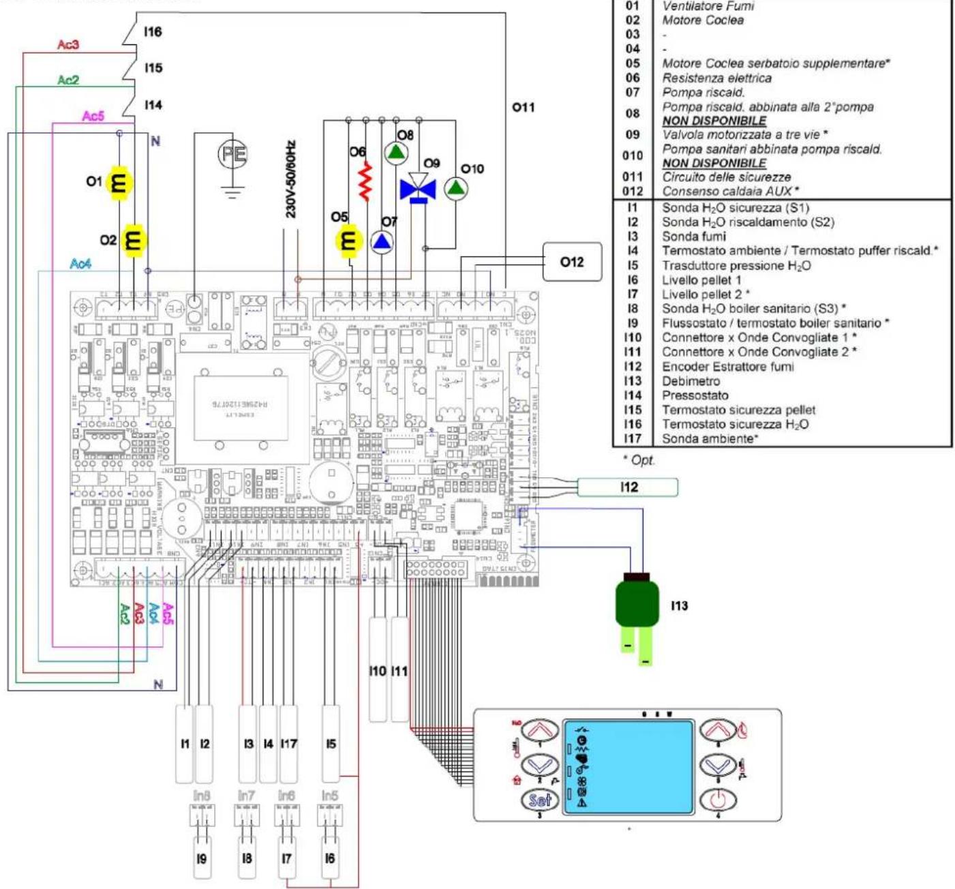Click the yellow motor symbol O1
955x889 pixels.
[x=119, y=182]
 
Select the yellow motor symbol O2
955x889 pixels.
[x=133, y=240]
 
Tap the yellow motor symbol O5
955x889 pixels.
[x=348, y=241]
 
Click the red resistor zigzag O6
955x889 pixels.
[x=366, y=181]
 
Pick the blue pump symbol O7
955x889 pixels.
[x=382, y=241]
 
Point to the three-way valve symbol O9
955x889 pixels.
[x=418, y=187]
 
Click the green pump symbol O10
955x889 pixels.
[x=456, y=187]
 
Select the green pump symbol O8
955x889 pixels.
[x=396, y=153]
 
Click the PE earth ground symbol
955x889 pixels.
[x=232, y=155]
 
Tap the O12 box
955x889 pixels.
[x=572, y=262]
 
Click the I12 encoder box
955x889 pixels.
[x=628, y=487]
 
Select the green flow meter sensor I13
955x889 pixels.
[x=637, y=603]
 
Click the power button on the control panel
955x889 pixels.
[x=717, y=799]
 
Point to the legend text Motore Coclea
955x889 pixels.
[x=703, y=20]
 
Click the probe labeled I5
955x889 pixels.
[x=331, y=744]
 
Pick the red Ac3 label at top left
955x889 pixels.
[x=68, y=45]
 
